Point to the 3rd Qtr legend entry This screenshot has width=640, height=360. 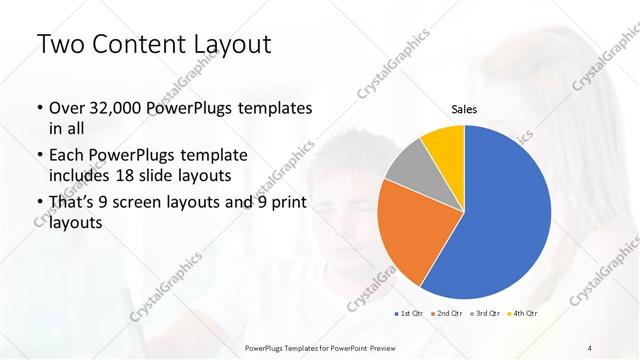(x=486, y=314)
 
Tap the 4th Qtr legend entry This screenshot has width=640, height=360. (x=524, y=314)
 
